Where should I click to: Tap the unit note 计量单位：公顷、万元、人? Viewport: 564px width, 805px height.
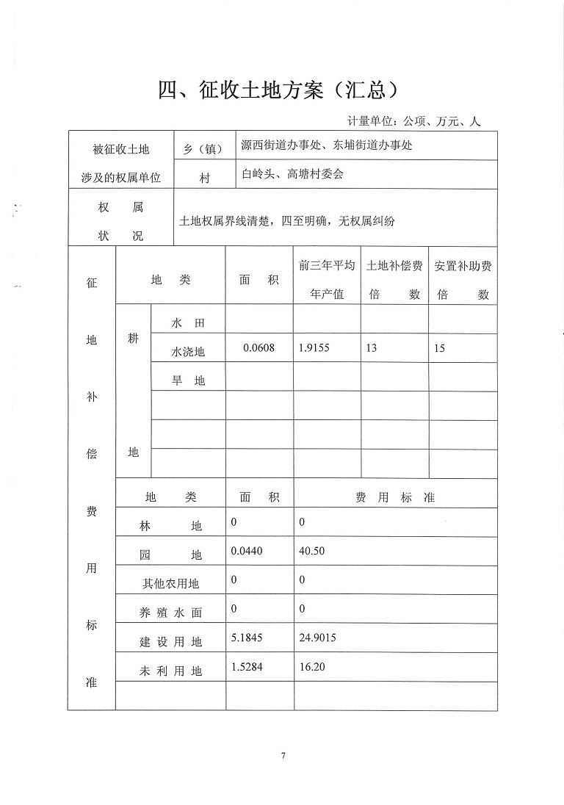413,122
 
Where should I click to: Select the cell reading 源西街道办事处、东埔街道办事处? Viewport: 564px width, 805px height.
327,145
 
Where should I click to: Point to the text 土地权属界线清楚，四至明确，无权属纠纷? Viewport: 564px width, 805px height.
287,220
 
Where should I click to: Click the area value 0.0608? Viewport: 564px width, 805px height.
258,347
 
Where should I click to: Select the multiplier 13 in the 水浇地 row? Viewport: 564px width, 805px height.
372,348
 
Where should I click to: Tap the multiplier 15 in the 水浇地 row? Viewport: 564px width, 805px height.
439,348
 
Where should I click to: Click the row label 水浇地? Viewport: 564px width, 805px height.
188,352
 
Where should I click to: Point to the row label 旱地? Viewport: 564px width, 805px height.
188,380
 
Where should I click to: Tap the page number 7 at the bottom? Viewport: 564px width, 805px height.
282,756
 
